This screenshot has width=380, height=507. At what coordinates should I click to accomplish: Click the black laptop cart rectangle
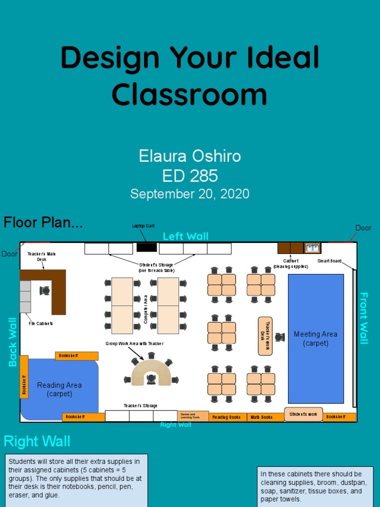146,247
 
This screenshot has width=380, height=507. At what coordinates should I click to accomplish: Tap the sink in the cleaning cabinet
312,248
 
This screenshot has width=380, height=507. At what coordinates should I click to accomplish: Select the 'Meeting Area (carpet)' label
315,339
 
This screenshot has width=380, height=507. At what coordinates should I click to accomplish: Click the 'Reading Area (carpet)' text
59,389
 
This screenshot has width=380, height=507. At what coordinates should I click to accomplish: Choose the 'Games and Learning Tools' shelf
193,416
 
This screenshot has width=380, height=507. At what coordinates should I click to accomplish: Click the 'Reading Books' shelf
227,417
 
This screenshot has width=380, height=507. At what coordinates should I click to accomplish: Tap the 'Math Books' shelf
260,417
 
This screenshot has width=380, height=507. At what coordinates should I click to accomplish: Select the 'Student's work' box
303,414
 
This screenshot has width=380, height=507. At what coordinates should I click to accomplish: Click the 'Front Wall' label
364,318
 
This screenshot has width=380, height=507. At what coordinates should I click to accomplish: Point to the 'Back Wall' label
13,342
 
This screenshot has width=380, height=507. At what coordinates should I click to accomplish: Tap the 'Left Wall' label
186,236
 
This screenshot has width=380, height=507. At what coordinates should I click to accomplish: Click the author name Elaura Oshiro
190,156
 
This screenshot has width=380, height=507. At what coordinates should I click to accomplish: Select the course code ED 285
190,176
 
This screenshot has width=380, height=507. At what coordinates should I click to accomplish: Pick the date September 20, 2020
190,194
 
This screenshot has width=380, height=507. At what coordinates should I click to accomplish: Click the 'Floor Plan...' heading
43,223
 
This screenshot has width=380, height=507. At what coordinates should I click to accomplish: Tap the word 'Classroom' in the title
190,94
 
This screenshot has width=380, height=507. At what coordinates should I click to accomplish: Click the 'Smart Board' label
329,261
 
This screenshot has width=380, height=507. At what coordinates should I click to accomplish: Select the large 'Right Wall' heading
37,441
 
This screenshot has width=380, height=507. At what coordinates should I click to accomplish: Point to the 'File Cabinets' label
41,323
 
